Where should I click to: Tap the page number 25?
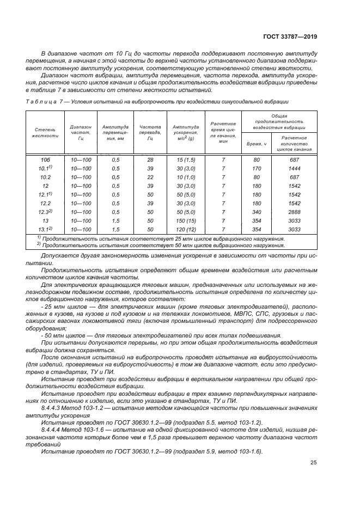pos(313,463)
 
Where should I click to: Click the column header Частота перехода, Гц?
pos(150,132)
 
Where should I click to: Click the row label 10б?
pos(45,160)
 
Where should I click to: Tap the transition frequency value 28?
pos(150,160)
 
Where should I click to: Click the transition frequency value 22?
pos(150,177)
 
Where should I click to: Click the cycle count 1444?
pos(295,169)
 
